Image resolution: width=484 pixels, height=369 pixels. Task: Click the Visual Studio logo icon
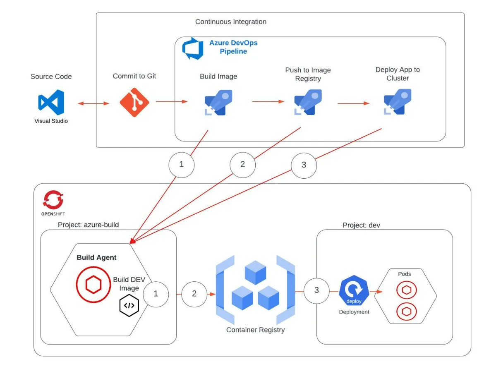pos(51,102)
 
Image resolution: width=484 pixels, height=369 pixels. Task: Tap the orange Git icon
pos(134,102)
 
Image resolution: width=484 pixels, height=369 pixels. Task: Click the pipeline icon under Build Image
pos(218,102)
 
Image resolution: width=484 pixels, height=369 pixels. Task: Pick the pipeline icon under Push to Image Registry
pos(307,102)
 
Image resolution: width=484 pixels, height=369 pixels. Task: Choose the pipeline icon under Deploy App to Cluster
pos(397,102)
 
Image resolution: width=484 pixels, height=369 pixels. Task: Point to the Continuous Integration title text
pos(230,22)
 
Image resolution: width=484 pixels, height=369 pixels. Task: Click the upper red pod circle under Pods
pos(406,290)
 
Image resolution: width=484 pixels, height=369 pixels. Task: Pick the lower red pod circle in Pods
pos(406,309)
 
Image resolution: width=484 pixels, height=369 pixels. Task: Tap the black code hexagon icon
pos(129,306)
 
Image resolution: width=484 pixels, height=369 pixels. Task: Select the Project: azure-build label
pos(88,225)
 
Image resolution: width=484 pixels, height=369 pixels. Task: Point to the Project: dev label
pos(362,225)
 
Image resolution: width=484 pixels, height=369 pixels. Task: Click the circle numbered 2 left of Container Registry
pos(194,294)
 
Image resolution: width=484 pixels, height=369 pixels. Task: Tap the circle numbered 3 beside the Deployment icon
pos(316,290)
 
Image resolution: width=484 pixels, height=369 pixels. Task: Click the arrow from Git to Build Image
pos(172,102)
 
